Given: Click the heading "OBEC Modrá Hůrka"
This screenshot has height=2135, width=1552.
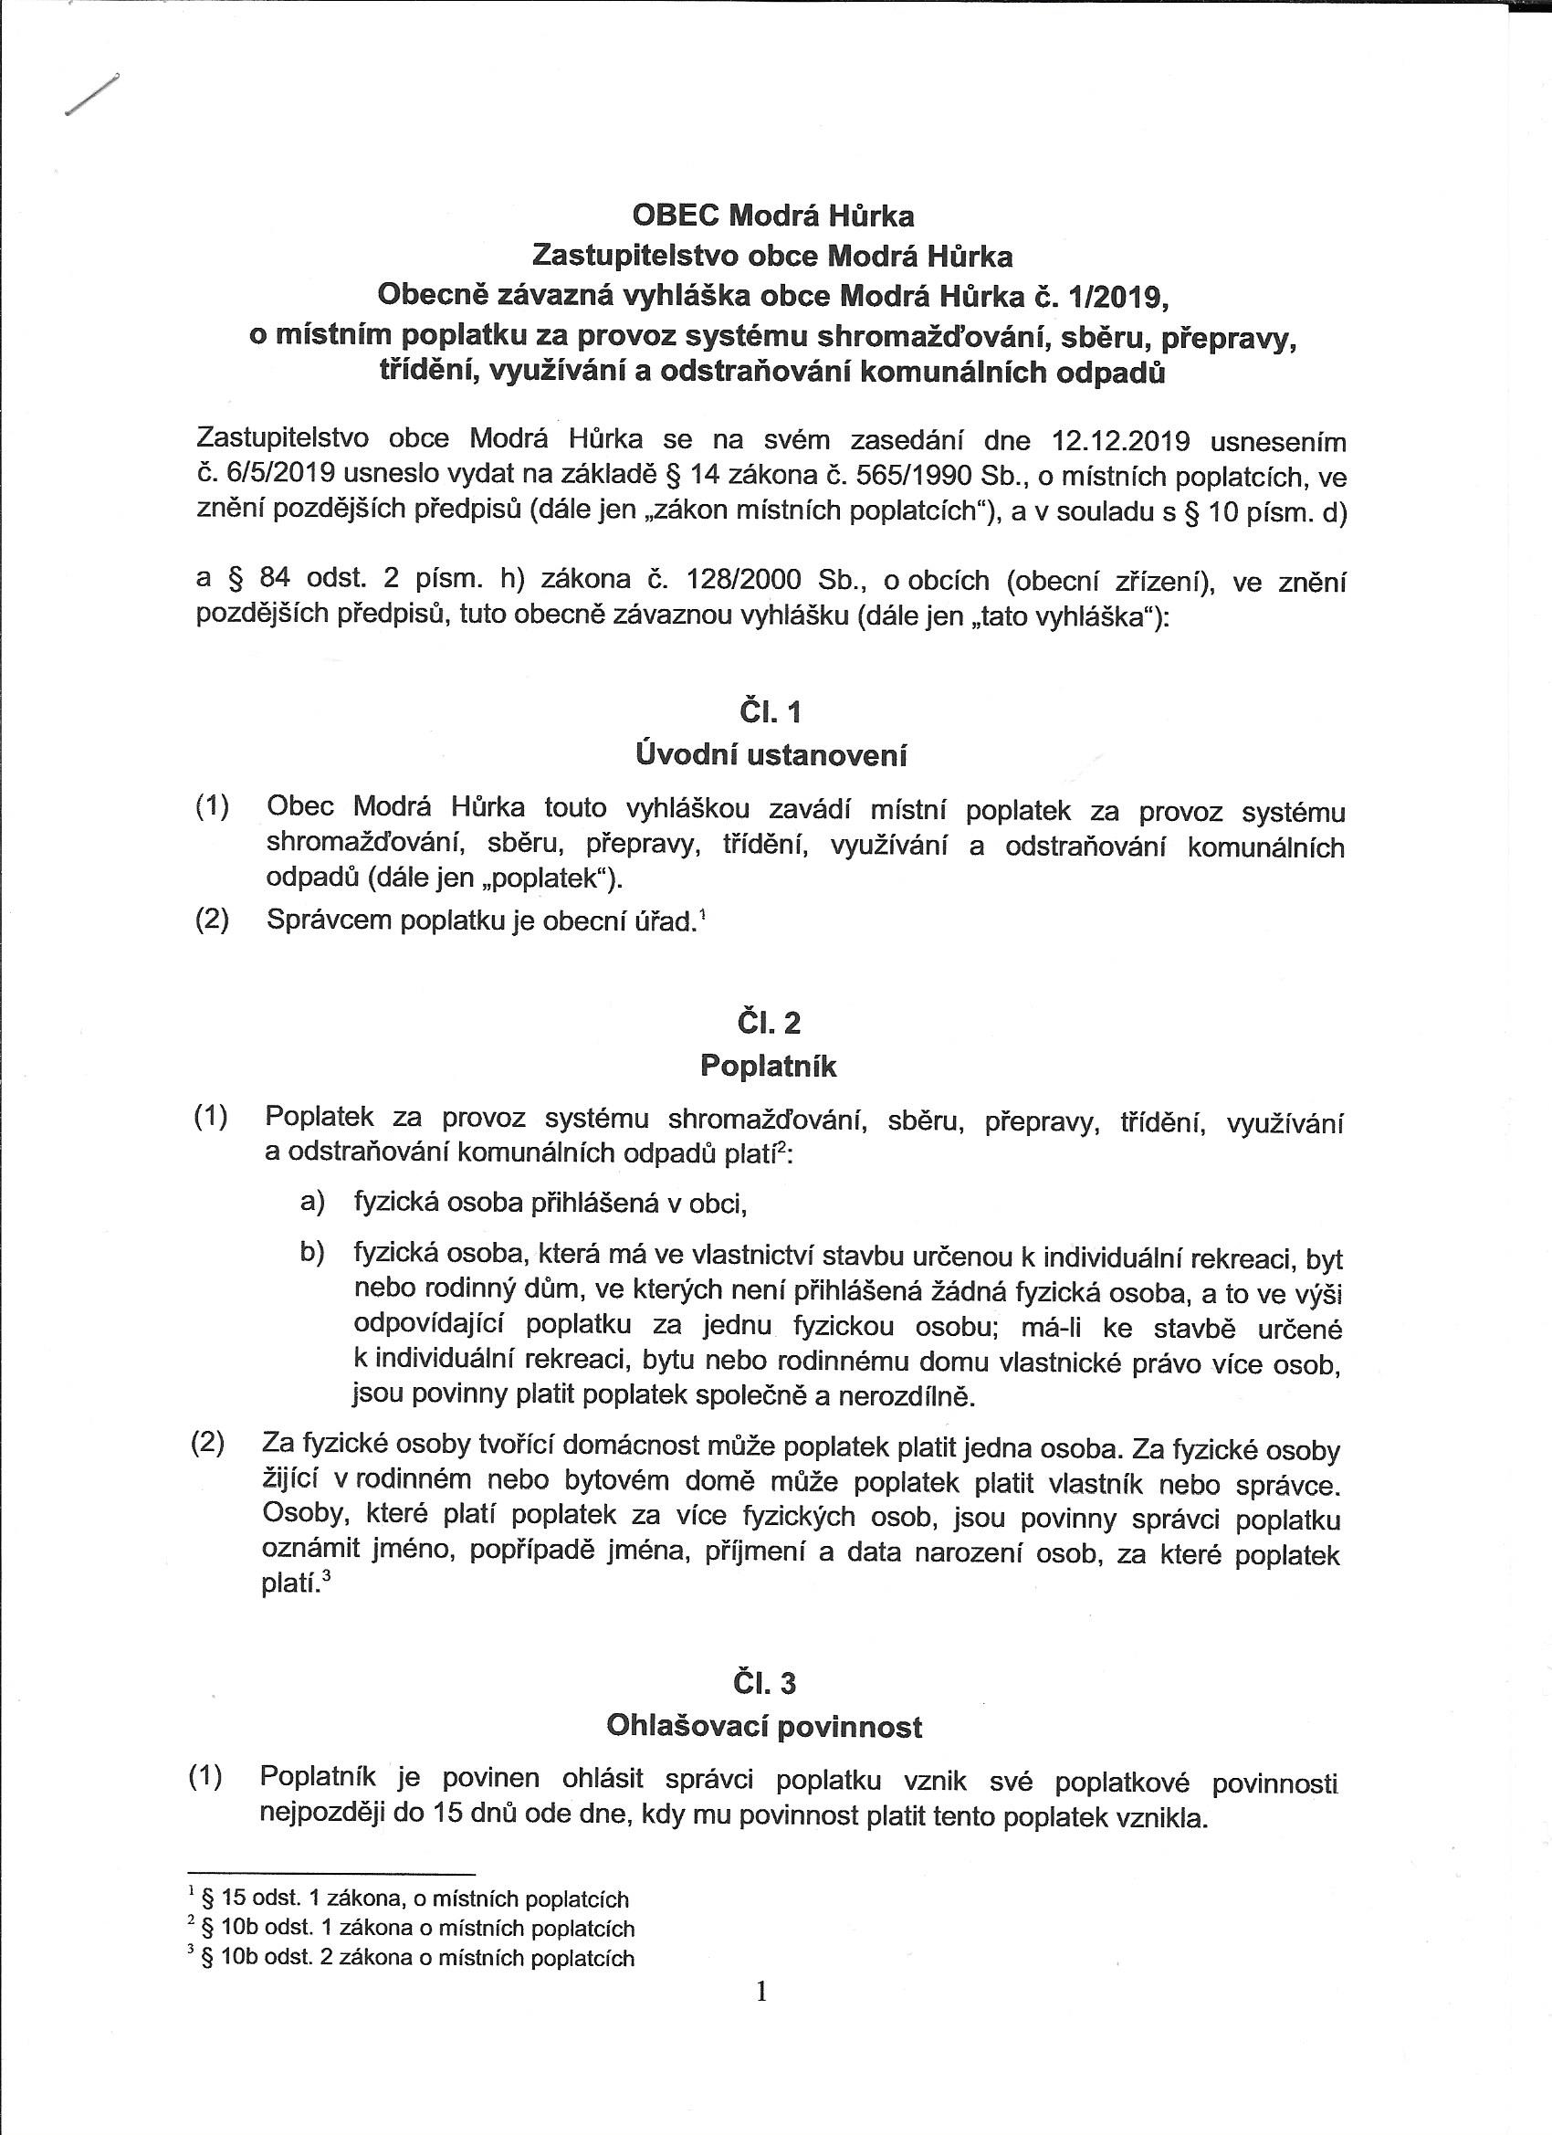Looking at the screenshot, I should click(x=771, y=216).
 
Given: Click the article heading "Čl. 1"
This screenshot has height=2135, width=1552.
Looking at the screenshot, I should click(x=771, y=711).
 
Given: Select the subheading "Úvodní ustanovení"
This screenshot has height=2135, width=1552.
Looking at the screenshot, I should click(x=771, y=754).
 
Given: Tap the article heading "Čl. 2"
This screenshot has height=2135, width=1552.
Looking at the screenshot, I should click(x=771, y=1023).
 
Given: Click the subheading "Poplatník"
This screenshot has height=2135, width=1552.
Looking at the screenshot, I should click(x=768, y=1066).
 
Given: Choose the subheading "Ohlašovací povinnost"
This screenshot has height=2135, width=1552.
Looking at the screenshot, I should click(x=764, y=1726).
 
